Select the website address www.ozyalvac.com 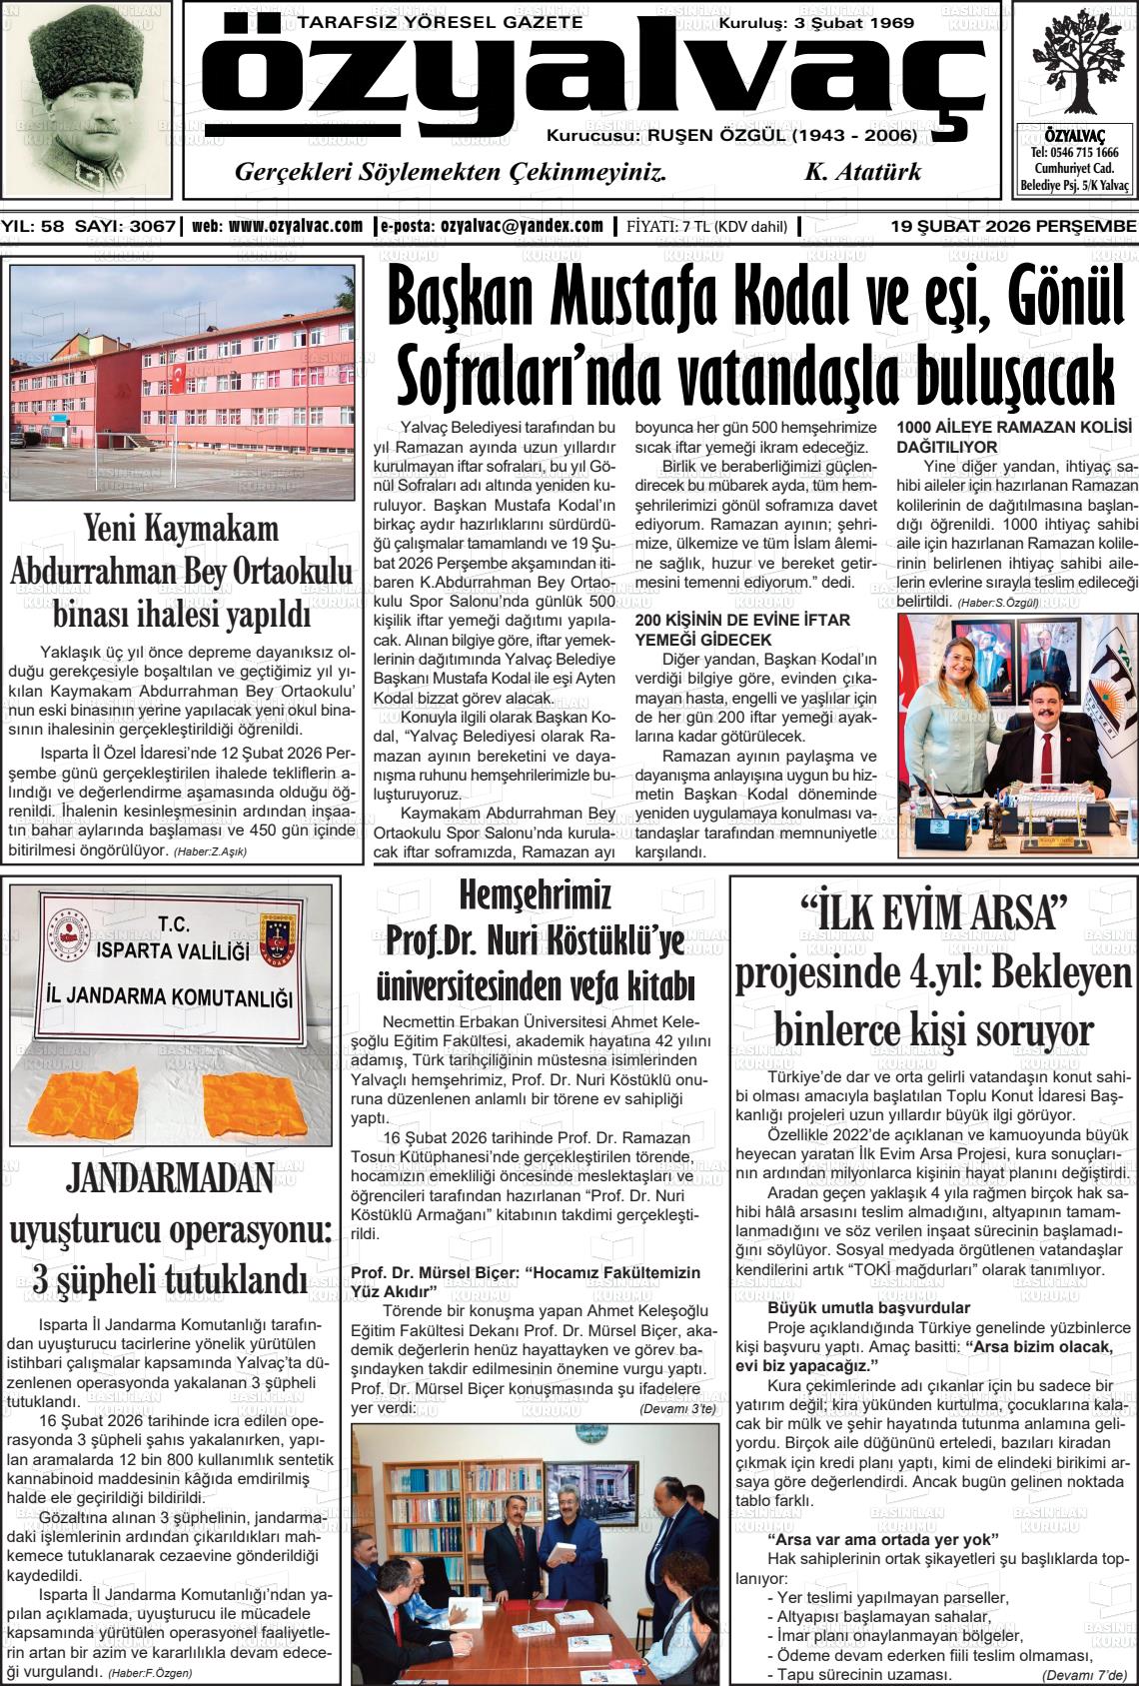[x=295, y=227]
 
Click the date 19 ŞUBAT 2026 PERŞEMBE [x=1013, y=227]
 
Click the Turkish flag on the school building [x=179, y=377]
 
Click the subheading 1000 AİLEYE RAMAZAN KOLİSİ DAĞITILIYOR [x=1014, y=437]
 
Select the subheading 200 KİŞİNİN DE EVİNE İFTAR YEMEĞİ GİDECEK [x=742, y=630]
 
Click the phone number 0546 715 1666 [x=1075, y=153]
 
